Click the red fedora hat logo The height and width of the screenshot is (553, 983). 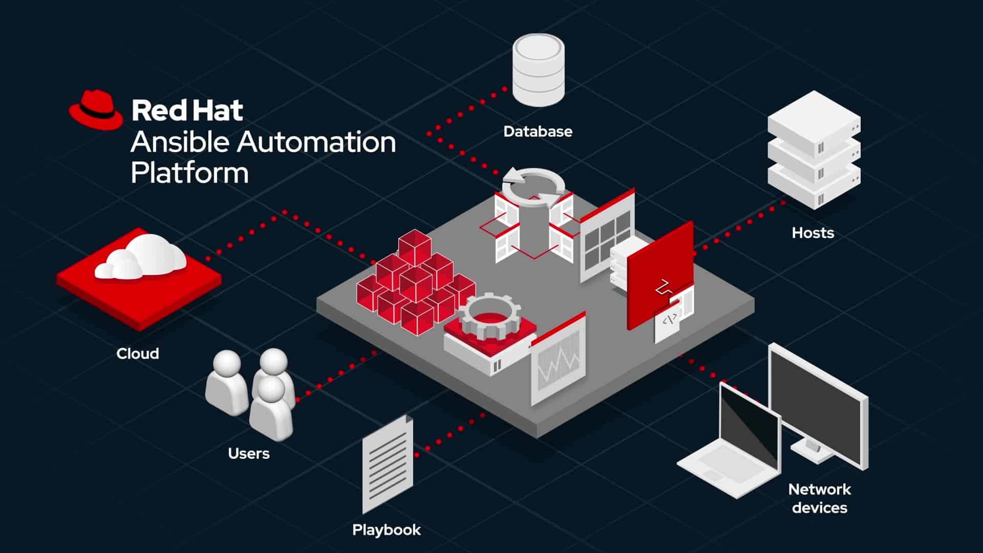(x=96, y=110)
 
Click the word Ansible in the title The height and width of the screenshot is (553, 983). (x=179, y=142)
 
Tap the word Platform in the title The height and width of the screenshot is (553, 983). (x=189, y=173)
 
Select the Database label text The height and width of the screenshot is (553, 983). (x=538, y=132)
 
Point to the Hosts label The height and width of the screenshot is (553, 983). (x=813, y=233)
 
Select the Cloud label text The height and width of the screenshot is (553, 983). (x=137, y=354)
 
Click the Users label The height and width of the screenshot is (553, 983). (x=248, y=454)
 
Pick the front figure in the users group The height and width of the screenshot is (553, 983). (x=271, y=410)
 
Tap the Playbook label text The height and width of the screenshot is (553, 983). (x=386, y=530)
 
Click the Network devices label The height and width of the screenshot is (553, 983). (x=819, y=498)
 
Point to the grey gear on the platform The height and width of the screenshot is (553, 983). (x=489, y=315)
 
